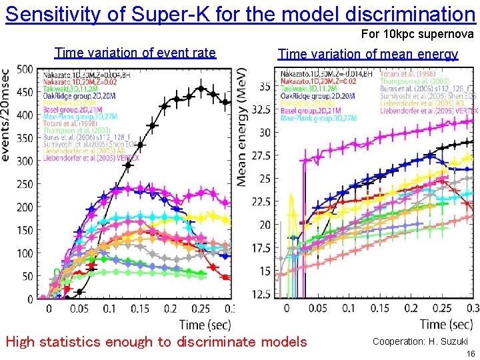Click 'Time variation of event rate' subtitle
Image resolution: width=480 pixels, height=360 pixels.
click(135, 53)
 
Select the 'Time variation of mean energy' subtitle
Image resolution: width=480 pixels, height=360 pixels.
click(367, 54)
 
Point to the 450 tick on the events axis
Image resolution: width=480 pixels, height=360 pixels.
click(25, 92)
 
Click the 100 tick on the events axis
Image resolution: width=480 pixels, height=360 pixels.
click(25, 253)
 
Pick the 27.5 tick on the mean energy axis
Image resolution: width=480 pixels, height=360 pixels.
click(264, 155)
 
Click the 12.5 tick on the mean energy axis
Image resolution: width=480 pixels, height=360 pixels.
click(264, 294)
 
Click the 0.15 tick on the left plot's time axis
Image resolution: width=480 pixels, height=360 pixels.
click(140, 309)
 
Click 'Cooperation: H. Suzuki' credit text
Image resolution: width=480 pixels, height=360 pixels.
click(420, 341)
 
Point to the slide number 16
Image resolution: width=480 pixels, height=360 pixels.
click(469, 353)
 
